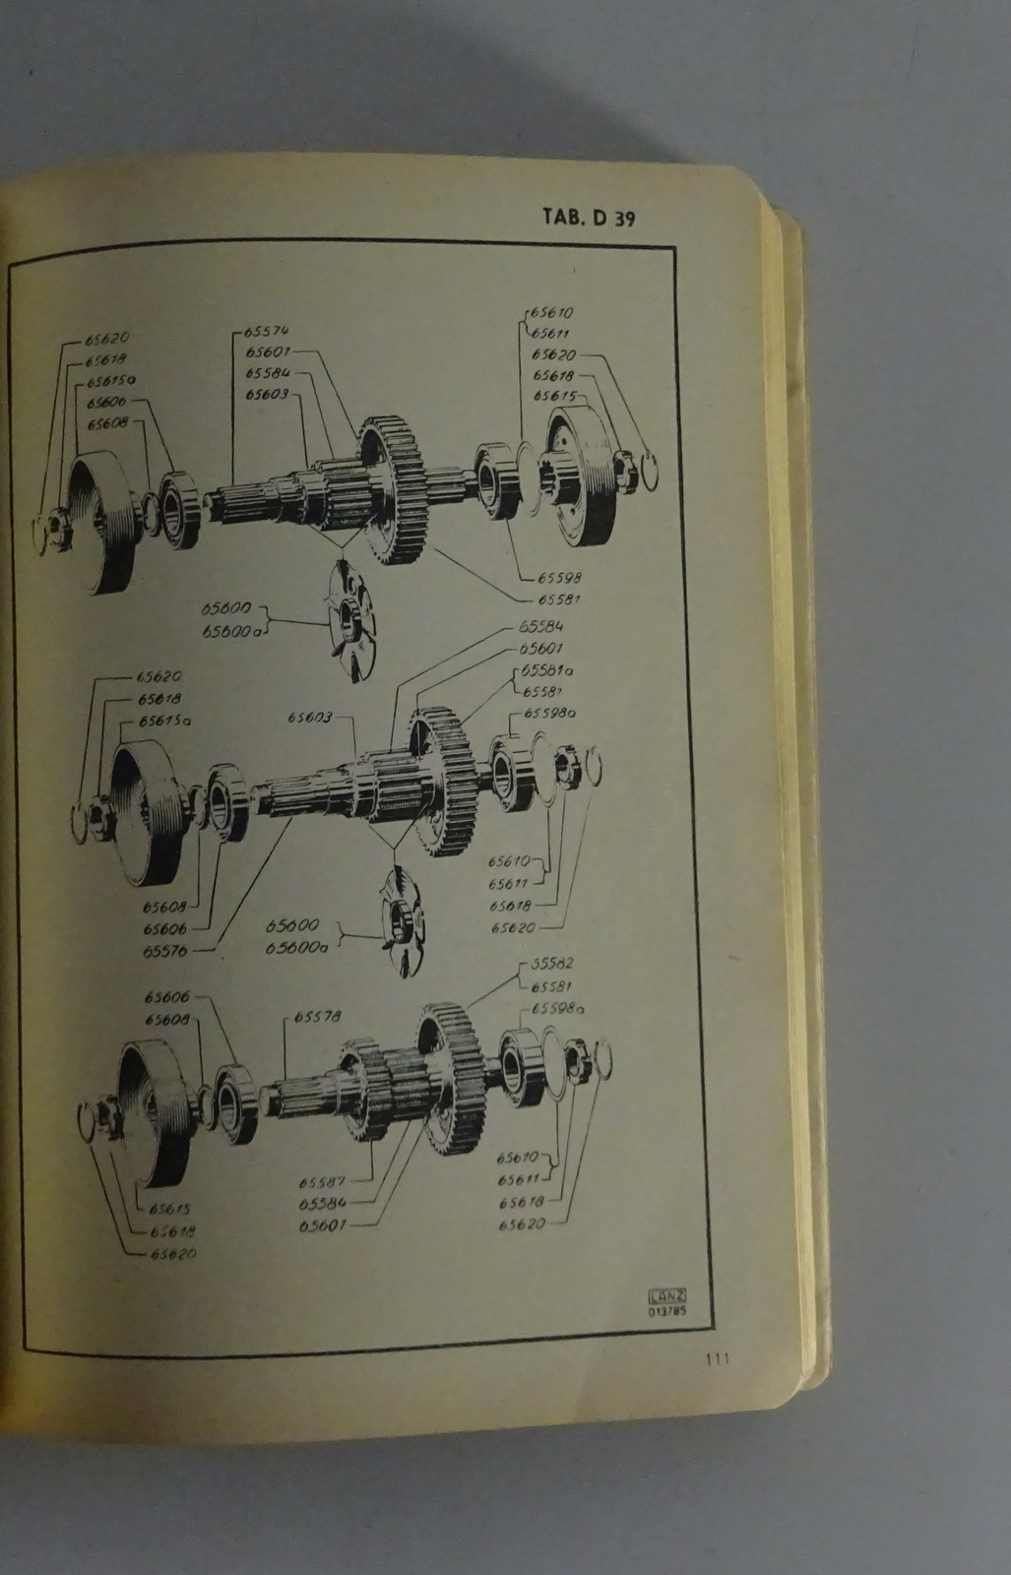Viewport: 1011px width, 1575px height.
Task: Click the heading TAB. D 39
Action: pos(588,218)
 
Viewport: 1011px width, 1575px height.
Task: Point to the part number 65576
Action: pos(164,951)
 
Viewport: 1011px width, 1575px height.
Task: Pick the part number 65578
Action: pos(316,1017)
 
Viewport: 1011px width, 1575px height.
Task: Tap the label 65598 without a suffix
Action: pos(556,579)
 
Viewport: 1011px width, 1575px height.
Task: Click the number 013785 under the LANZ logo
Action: pos(666,1310)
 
